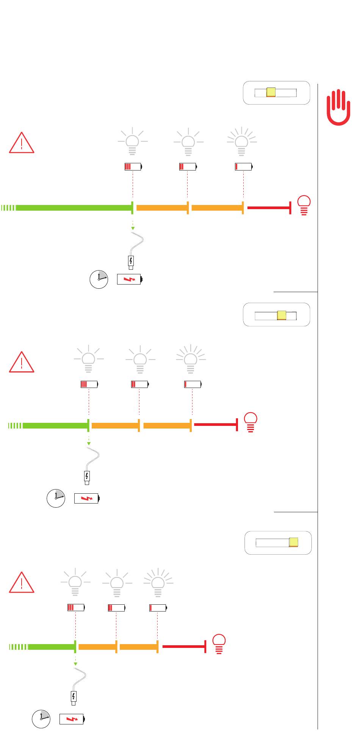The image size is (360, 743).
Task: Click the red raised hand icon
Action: (338, 107)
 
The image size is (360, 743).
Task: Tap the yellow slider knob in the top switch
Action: (271, 92)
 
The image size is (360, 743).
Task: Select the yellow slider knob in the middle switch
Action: (282, 315)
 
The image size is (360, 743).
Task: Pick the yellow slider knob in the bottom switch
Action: (294, 542)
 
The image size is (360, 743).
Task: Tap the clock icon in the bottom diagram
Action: (41, 719)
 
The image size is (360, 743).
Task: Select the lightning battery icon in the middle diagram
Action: (87, 498)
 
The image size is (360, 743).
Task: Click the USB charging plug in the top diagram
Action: (131, 262)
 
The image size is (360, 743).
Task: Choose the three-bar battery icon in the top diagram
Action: (133, 166)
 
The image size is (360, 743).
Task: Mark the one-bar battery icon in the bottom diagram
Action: (158, 608)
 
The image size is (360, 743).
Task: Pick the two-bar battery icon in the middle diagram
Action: (140, 384)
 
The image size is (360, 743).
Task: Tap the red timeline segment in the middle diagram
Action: (215, 425)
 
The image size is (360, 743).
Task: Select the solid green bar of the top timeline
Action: (74, 208)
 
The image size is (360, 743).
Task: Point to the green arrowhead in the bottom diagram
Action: (75, 663)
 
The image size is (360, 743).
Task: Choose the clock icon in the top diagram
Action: (99, 280)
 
